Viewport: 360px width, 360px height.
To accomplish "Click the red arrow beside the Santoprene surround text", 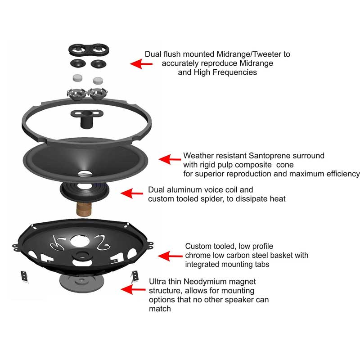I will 168,159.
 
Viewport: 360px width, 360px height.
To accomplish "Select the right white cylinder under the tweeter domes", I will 98,80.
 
